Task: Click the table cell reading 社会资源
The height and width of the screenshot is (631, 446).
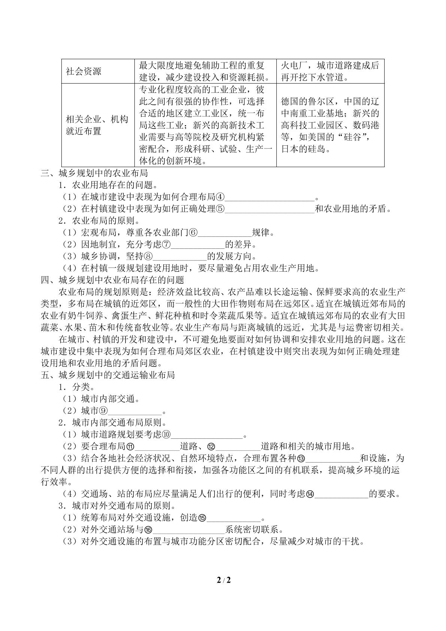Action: [84, 71]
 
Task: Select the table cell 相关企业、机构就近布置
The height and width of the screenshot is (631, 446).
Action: [97, 125]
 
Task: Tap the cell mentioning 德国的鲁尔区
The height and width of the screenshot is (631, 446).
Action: [330, 125]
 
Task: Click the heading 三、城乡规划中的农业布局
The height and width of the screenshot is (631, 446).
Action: [94, 173]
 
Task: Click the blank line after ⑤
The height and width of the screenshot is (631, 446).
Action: [270, 209]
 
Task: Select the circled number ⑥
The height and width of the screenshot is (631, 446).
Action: [193, 233]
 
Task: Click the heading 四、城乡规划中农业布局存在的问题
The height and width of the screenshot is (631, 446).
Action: [112, 280]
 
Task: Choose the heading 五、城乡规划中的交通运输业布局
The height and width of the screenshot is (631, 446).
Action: [108, 375]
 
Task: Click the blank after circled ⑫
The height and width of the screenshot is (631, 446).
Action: [238, 447]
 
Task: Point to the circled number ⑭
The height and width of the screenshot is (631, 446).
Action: [310, 494]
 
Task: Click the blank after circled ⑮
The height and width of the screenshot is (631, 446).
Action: [234, 518]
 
